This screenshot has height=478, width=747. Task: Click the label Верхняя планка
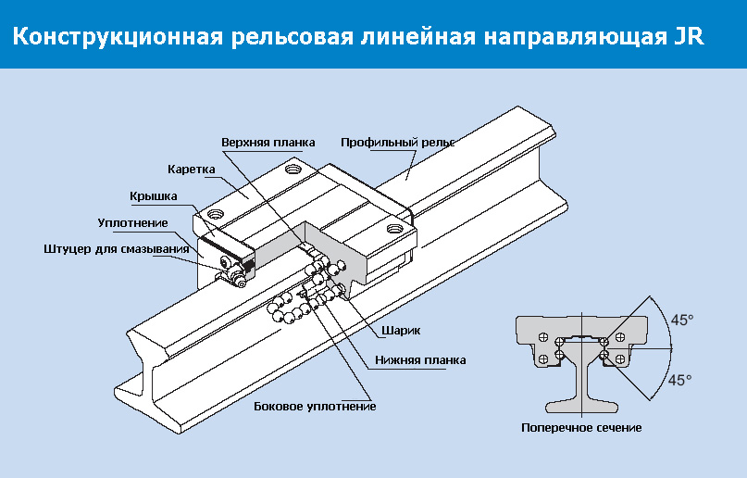pyautogui.click(x=268, y=143)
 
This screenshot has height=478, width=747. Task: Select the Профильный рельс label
pyautogui.click(x=397, y=143)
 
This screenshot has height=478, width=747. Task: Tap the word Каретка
pyautogui.click(x=192, y=170)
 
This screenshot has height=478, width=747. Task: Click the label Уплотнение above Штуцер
pyautogui.click(x=132, y=222)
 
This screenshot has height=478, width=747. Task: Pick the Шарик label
pyautogui.click(x=401, y=330)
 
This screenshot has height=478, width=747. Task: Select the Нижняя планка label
pyautogui.click(x=420, y=359)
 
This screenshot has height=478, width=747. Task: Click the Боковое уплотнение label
pyautogui.click(x=315, y=406)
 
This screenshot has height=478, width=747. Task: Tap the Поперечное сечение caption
pyautogui.click(x=581, y=428)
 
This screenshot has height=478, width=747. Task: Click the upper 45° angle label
pyautogui.click(x=681, y=320)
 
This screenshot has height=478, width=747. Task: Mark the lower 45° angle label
pyautogui.click(x=680, y=380)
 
